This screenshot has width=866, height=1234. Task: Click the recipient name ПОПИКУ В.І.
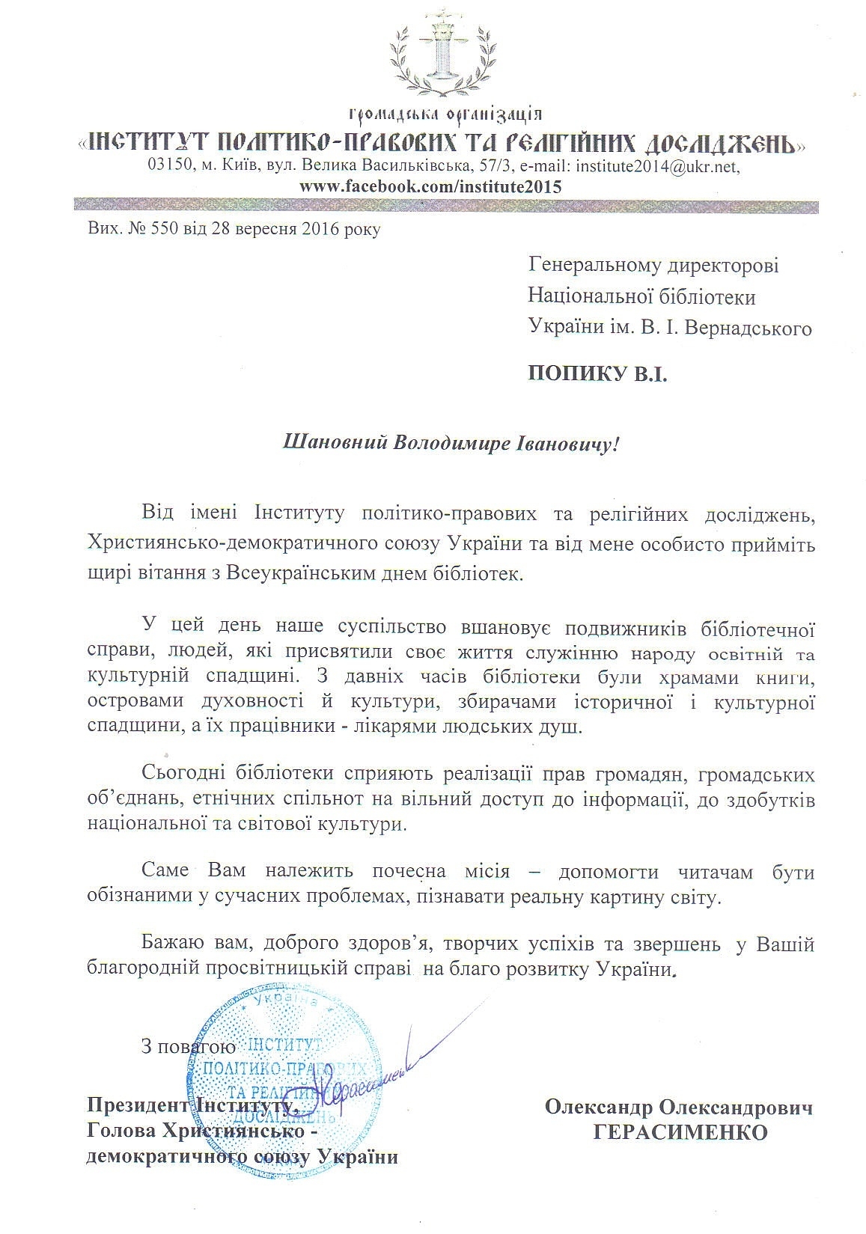[x=597, y=373]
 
